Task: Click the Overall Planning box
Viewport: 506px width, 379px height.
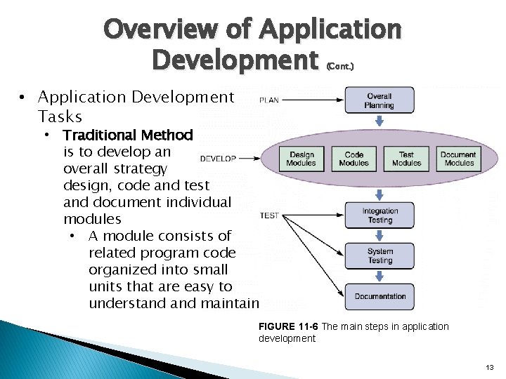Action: pyautogui.click(x=379, y=100)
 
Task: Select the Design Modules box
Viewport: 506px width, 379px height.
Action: pyautogui.click(x=301, y=159)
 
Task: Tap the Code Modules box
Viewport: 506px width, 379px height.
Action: pyautogui.click(x=353, y=159)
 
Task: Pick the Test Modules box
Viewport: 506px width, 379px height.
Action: pyautogui.click(x=406, y=159)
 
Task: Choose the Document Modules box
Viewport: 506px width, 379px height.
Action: pyautogui.click(x=459, y=159)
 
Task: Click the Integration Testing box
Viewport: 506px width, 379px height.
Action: pyautogui.click(x=379, y=215)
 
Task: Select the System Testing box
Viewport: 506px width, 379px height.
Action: pyautogui.click(x=379, y=256)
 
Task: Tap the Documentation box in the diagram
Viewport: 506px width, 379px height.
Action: pyautogui.click(x=379, y=296)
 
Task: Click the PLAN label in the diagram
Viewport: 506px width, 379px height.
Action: pyautogui.click(x=269, y=100)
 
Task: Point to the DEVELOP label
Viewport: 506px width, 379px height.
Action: pyautogui.click(x=218, y=159)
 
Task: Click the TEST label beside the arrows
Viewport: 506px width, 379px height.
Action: pyautogui.click(x=270, y=215)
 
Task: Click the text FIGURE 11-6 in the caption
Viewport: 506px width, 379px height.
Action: pyautogui.click(x=289, y=327)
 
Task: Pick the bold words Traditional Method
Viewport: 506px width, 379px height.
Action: pyautogui.click(x=127, y=135)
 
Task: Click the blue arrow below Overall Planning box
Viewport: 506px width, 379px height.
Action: pyautogui.click(x=379, y=120)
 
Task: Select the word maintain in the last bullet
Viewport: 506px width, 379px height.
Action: pyautogui.click(x=229, y=303)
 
